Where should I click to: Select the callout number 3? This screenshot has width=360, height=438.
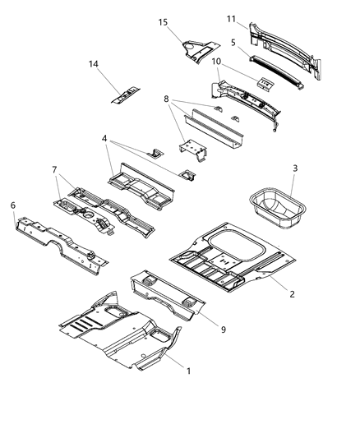(x=293, y=169)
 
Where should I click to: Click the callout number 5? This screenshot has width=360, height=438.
(x=234, y=41)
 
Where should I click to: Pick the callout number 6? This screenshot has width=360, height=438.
(x=12, y=206)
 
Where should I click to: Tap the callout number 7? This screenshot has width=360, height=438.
(x=54, y=169)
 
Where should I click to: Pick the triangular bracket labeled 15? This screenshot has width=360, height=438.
(x=197, y=49)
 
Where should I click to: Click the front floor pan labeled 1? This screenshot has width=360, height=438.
(x=123, y=329)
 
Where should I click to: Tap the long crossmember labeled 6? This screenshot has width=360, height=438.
(x=62, y=238)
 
